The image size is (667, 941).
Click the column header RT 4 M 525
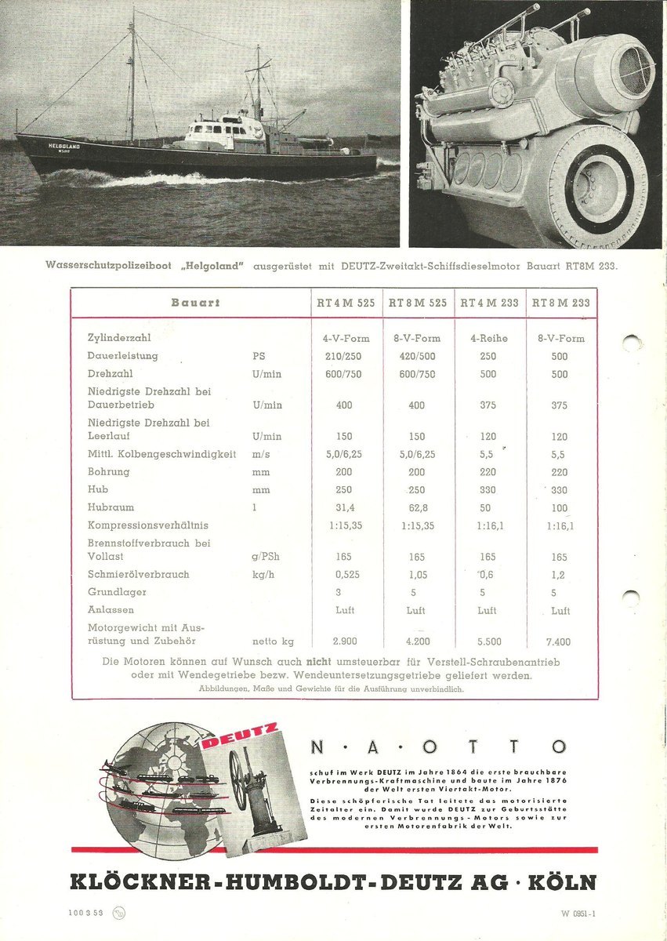click(x=346, y=303)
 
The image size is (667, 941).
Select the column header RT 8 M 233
click(x=560, y=303)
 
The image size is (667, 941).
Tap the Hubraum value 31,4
click(x=345, y=507)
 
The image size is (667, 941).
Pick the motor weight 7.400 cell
click(x=560, y=641)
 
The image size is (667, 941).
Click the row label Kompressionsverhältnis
click(x=148, y=525)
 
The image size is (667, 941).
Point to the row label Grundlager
click(x=117, y=592)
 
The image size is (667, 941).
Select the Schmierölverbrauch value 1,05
click(x=417, y=574)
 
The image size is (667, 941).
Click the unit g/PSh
click(x=265, y=557)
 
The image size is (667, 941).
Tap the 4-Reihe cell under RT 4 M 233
click(x=488, y=339)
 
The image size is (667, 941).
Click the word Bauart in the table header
click(x=196, y=303)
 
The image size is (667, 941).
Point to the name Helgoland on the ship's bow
click(x=60, y=146)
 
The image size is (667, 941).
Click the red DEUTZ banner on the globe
click(x=240, y=739)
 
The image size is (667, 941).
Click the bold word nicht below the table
click(x=319, y=661)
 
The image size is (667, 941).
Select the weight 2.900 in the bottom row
click(x=345, y=641)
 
